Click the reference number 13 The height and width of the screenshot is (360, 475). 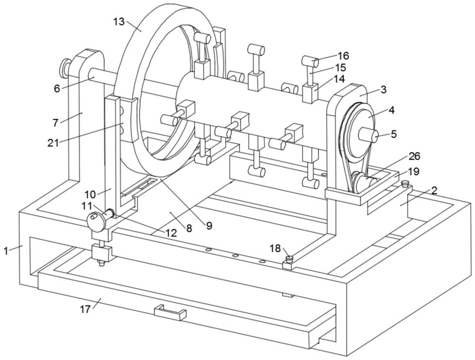click(119, 21)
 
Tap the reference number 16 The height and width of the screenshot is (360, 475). click(343, 56)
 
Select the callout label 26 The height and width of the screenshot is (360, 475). click(414, 156)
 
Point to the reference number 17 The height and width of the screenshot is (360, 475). click(85, 309)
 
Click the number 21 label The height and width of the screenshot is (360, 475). click(53, 142)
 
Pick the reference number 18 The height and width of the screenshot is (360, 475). click(275, 248)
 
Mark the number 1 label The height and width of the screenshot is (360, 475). click(5, 251)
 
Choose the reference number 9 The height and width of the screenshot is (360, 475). click(209, 225)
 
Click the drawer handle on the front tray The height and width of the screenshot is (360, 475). click(170, 313)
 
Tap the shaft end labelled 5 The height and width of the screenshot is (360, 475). click(369, 135)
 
